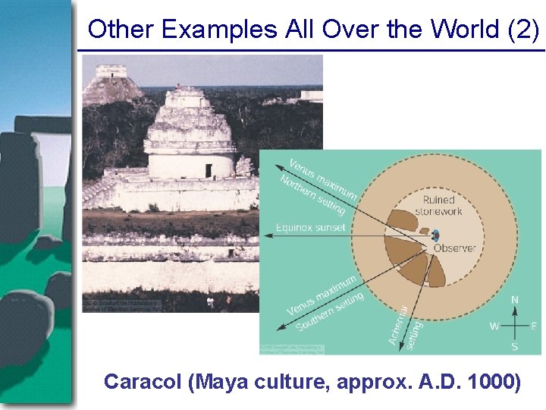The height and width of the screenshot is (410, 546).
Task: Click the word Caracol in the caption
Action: (x=142, y=381)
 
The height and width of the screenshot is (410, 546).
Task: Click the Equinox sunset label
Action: (x=311, y=227)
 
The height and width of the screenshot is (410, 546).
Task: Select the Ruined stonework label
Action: (x=439, y=206)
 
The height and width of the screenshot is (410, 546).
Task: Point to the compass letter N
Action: (x=515, y=301)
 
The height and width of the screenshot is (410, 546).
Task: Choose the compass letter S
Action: (x=515, y=346)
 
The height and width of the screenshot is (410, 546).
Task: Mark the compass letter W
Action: (x=494, y=326)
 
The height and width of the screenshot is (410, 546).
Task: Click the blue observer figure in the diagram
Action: (x=435, y=237)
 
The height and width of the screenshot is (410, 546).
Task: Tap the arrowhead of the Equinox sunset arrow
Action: (x=265, y=236)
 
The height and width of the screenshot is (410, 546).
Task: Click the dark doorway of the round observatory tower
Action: (x=208, y=170)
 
